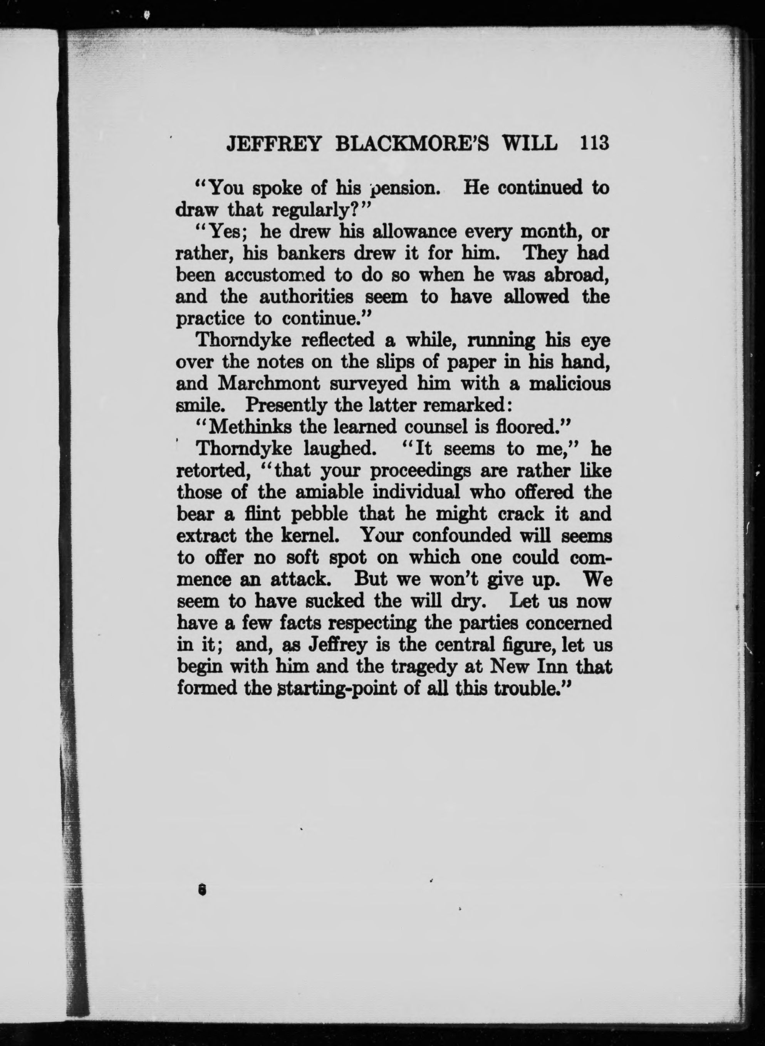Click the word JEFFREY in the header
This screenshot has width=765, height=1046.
click(273, 144)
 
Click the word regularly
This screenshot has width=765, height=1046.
click(314, 211)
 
